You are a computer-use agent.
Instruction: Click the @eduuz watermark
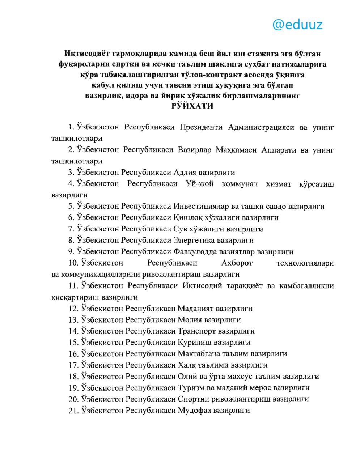click(x=297, y=25)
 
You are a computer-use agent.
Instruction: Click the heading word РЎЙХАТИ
click(x=192, y=106)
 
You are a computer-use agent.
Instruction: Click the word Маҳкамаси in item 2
click(x=236, y=150)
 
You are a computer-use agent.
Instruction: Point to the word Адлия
click(x=187, y=173)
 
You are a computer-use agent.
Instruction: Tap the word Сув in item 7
click(x=180, y=229)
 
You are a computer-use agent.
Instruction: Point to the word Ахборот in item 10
click(x=237, y=263)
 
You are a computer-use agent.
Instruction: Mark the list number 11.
click(x=73, y=286)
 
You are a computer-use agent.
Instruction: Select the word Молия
click(x=189, y=320)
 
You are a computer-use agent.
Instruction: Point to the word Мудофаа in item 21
click(x=194, y=411)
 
